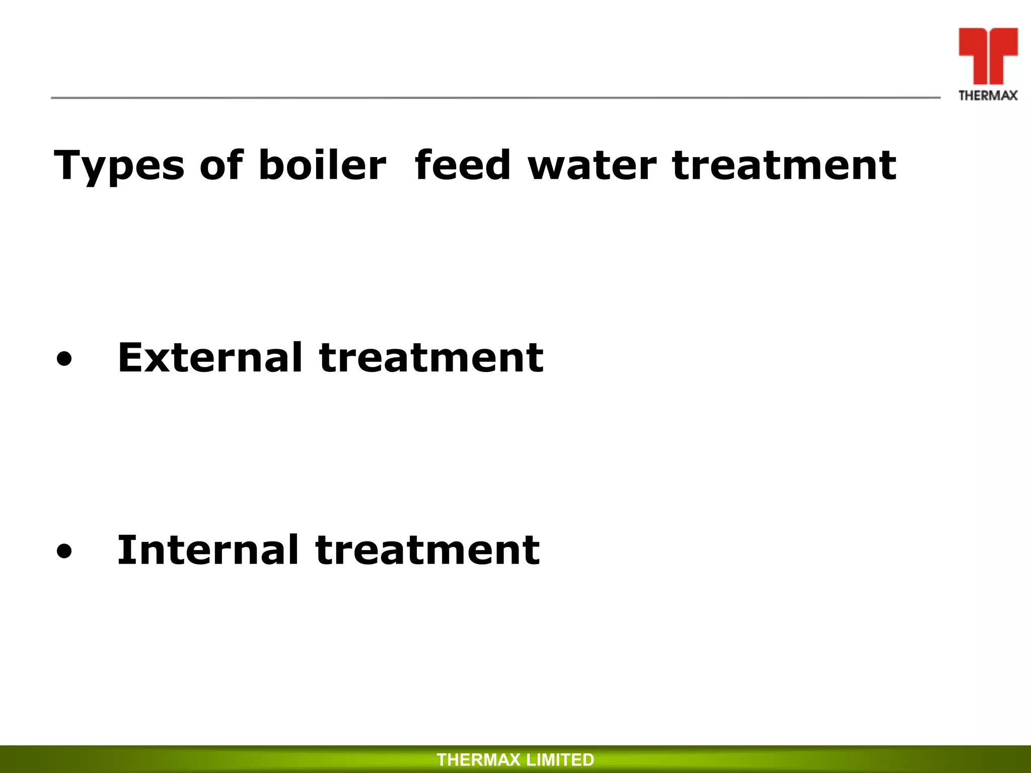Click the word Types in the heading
(119, 167)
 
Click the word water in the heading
(592, 166)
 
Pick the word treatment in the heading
(784, 166)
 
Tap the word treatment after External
(431, 358)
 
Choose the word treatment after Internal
(428, 551)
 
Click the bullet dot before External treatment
(64, 360)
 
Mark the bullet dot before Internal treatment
(64, 553)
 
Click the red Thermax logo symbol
(988, 54)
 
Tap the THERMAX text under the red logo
(988, 96)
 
